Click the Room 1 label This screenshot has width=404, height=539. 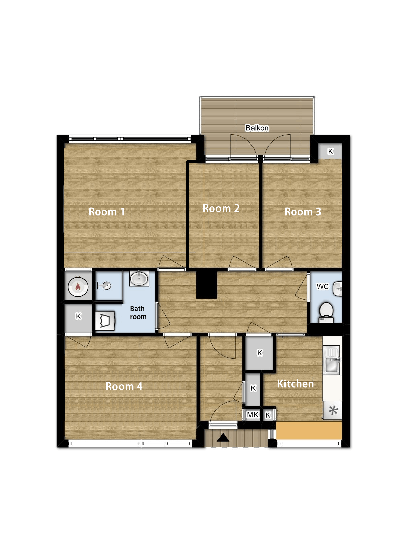106,212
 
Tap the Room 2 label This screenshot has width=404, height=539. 221,208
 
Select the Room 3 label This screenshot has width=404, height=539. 303,212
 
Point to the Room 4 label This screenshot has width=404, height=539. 124,386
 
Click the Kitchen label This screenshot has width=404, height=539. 295,384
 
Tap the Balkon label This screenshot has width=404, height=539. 257,128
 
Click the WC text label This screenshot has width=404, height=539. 323,286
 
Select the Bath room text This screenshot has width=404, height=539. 138,313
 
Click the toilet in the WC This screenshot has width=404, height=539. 326,312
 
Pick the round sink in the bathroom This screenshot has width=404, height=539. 139,279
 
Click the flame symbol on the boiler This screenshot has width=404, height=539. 78,287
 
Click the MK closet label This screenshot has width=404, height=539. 252,415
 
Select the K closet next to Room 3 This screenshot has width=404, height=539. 330,151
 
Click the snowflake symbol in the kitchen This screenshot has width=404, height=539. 333,410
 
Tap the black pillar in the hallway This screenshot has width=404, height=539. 207,284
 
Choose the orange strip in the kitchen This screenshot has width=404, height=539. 309,430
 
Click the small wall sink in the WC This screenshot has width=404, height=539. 338,289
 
